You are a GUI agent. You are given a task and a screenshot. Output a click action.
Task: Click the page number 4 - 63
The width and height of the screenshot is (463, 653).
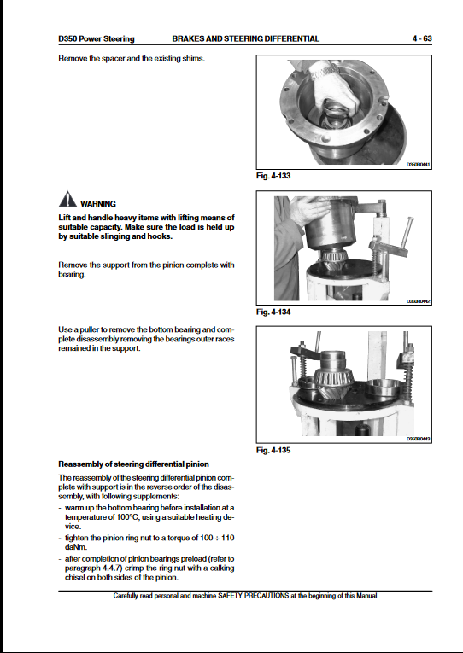coord(422,38)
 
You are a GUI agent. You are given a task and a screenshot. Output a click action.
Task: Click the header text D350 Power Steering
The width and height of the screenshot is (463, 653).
coord(97,38)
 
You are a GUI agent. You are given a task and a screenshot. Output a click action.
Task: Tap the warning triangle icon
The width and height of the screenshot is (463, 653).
coord(67,199)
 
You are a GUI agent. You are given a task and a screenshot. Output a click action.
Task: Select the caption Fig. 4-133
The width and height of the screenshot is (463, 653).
coord(273,176)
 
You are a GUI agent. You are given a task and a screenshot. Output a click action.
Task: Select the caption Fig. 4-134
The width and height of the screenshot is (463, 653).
coord(273,312)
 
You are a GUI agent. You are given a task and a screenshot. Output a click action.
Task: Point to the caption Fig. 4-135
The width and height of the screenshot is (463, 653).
coord(273,450)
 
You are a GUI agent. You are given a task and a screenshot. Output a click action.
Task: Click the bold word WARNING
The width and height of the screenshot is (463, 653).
coord(98,204)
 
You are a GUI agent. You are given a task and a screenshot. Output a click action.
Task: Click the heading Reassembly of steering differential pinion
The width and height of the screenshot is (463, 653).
coord(134,464)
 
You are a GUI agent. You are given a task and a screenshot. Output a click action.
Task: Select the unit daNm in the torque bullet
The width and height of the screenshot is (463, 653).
coord(76,547)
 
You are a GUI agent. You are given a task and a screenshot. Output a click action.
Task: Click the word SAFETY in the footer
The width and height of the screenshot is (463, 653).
coord(230,596)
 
